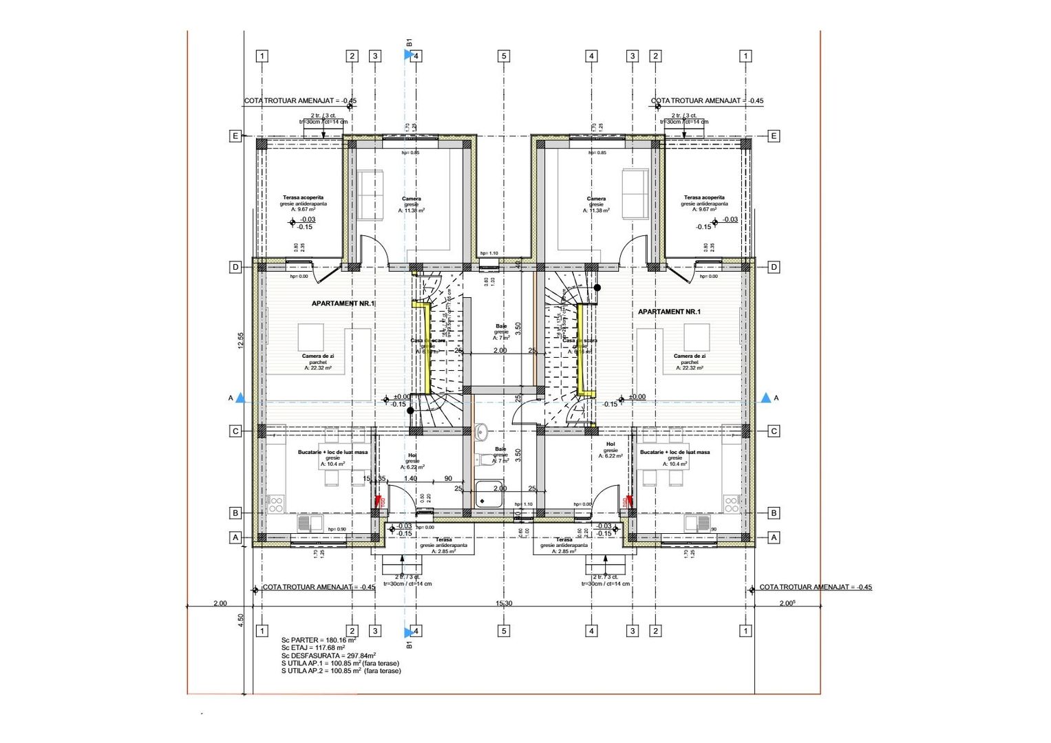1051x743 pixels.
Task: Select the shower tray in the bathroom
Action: (489, 494)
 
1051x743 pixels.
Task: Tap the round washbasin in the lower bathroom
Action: (481, 432)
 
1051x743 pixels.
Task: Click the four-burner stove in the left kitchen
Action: (275, 504)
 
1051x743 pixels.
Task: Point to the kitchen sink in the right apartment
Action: (702, 524)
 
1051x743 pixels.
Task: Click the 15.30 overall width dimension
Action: (504, 603)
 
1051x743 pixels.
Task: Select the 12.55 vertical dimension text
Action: (240, 341)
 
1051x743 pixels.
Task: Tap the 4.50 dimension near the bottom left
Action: (240, 620)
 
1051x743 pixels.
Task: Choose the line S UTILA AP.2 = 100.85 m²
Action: (341, 671)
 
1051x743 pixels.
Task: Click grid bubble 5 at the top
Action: (504, 56)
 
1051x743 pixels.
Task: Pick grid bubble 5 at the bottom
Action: (504, 631)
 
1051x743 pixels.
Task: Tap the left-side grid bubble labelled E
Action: (235, 136)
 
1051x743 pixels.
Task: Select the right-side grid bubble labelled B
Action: (774, 513)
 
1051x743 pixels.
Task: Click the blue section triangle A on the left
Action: (240, 398)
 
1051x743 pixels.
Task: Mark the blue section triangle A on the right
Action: (766, 398)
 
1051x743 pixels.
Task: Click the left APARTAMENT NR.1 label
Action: (343, 303)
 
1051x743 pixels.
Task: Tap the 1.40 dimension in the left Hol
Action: (410, 479)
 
